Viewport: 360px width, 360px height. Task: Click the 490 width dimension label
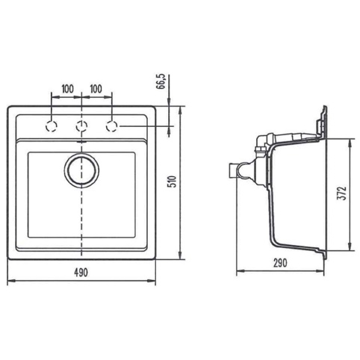click(x=81, y=273)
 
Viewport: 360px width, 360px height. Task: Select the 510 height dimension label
click(x=173, y=181)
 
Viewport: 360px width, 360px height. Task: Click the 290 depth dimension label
click(x=280, y=263)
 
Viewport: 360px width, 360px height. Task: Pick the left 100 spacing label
click(x=67, y=89)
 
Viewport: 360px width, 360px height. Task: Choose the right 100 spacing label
click(x=96, y=89)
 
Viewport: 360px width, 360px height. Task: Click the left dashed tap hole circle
click(x=52, y=126)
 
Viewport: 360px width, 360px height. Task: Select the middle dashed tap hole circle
click(x=81, y=126)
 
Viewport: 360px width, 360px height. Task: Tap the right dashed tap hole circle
click(x=111, y=126)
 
